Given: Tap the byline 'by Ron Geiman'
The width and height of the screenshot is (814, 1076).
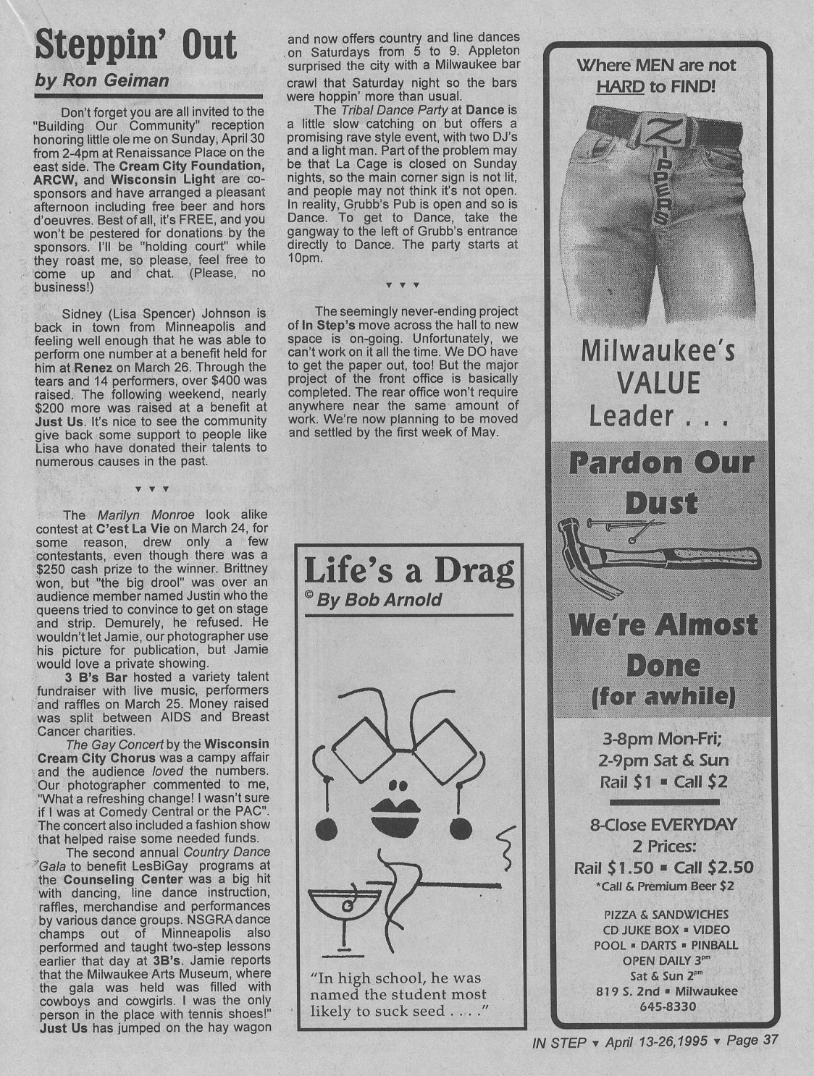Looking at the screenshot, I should (102, 81).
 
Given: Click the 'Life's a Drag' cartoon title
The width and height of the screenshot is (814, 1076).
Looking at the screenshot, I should (409, 571).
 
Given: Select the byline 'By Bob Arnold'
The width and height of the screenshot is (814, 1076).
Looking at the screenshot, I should (379, 601).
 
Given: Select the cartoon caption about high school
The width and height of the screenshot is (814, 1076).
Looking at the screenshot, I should (398, 995).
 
